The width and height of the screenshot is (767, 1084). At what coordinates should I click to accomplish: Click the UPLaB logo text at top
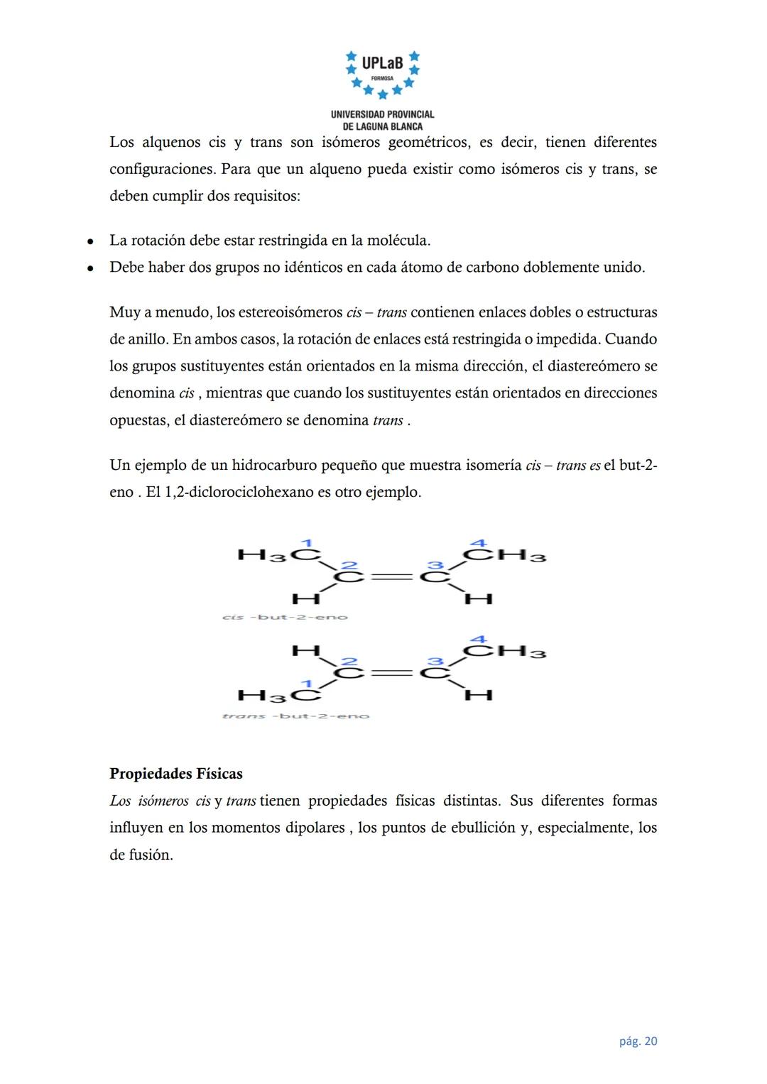click(x=382, y=63)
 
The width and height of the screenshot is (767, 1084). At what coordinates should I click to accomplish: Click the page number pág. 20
click(x=638, y=1041)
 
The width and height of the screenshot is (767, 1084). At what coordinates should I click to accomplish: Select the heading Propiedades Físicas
click(x=176, y=773)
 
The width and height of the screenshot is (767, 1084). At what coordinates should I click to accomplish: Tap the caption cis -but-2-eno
click(x=285, y=617)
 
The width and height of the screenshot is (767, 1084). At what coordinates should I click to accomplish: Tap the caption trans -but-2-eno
click(x=295, y=716)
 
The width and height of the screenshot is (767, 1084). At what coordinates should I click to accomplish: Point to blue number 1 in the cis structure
click(x=307, y=542)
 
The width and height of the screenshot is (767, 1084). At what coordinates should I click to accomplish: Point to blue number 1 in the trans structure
click(x=307, y=683)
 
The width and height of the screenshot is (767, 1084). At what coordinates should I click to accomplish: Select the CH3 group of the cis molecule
click(x=505, y=555)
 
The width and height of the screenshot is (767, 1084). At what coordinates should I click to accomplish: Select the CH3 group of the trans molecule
click(x=505, y=651)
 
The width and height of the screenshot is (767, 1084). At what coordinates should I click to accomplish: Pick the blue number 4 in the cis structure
click(x=479, y=543)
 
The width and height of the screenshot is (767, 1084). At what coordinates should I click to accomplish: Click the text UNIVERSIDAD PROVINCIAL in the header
click(x=382, y=114)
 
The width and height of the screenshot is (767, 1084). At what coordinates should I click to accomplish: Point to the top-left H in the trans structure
click(x=306, y=650)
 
